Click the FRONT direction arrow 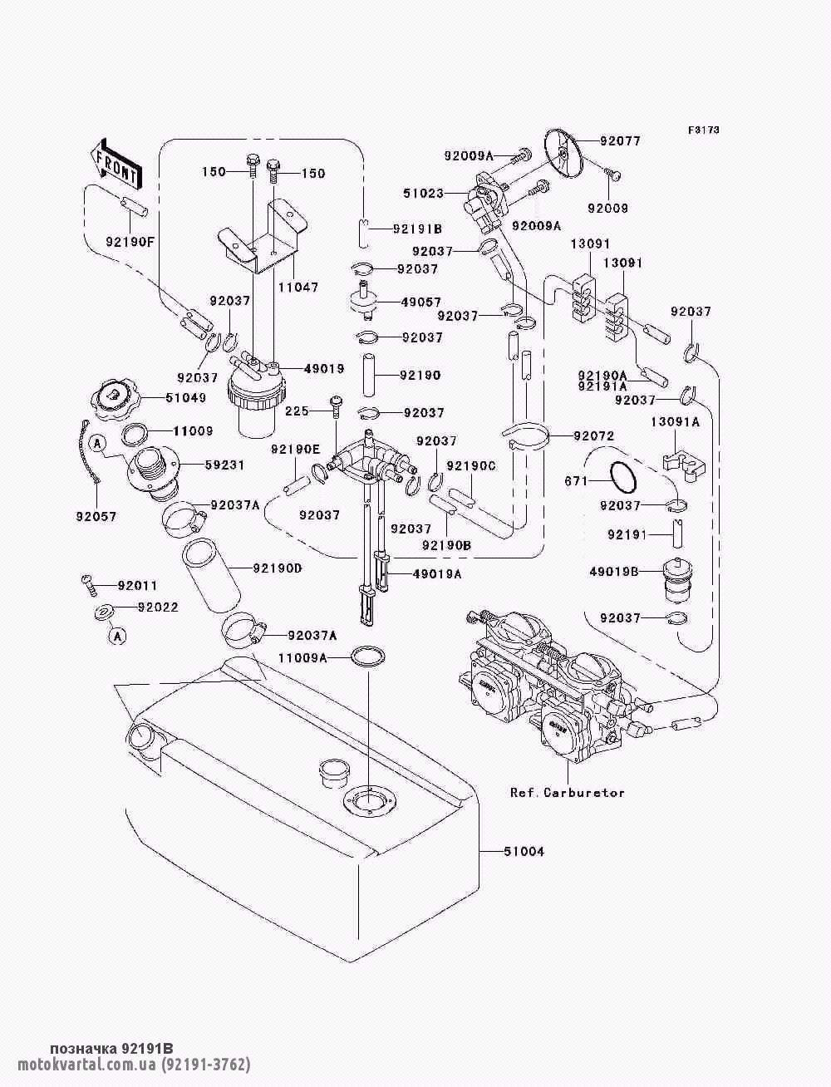click(x=116, y=164)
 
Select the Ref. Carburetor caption click(x=568, y=793)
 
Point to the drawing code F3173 click(x=704, y=130)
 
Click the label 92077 click(x=621, y=141)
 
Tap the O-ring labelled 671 click(x=620, y=479)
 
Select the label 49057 click(x=421, y=302)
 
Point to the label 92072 click(x=594, y=436)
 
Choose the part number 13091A click(x=675, y=422)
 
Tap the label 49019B click(x=613, y=572)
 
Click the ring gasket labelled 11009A click(x=368, y=657)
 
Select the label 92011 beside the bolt click(x=138, y=586)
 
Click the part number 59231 click(x=225, y=465)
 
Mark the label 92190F click(x=130, y=242)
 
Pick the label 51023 click(x=424, y=193)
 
